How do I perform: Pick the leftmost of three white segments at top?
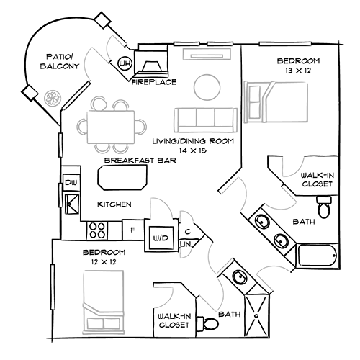pyautogui.click(x=186, y=44)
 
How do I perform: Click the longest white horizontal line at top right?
pyautogui.click(x=285, y=44)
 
